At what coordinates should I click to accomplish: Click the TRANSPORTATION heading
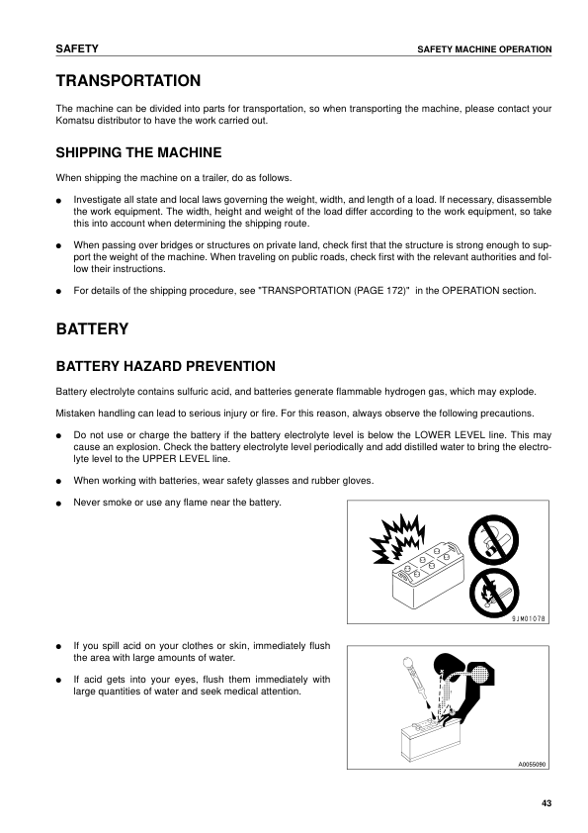point(128,80)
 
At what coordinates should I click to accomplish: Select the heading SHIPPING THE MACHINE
point(138,152)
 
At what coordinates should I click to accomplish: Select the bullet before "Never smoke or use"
point(59,504)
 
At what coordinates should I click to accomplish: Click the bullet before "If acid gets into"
point(59,681)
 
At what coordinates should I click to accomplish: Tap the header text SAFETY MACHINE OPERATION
point(484,49)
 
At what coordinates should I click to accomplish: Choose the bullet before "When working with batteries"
point(59,482)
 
